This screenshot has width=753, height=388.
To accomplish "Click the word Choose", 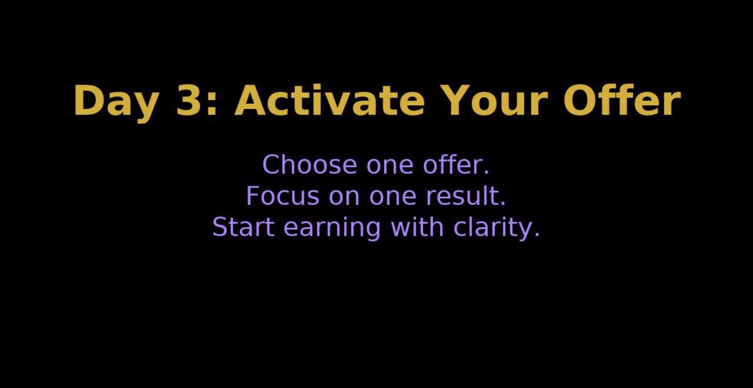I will pos(309,165).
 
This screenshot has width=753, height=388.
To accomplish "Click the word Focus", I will pos(283,196).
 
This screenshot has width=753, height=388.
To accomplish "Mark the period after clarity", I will pos(537,235).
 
